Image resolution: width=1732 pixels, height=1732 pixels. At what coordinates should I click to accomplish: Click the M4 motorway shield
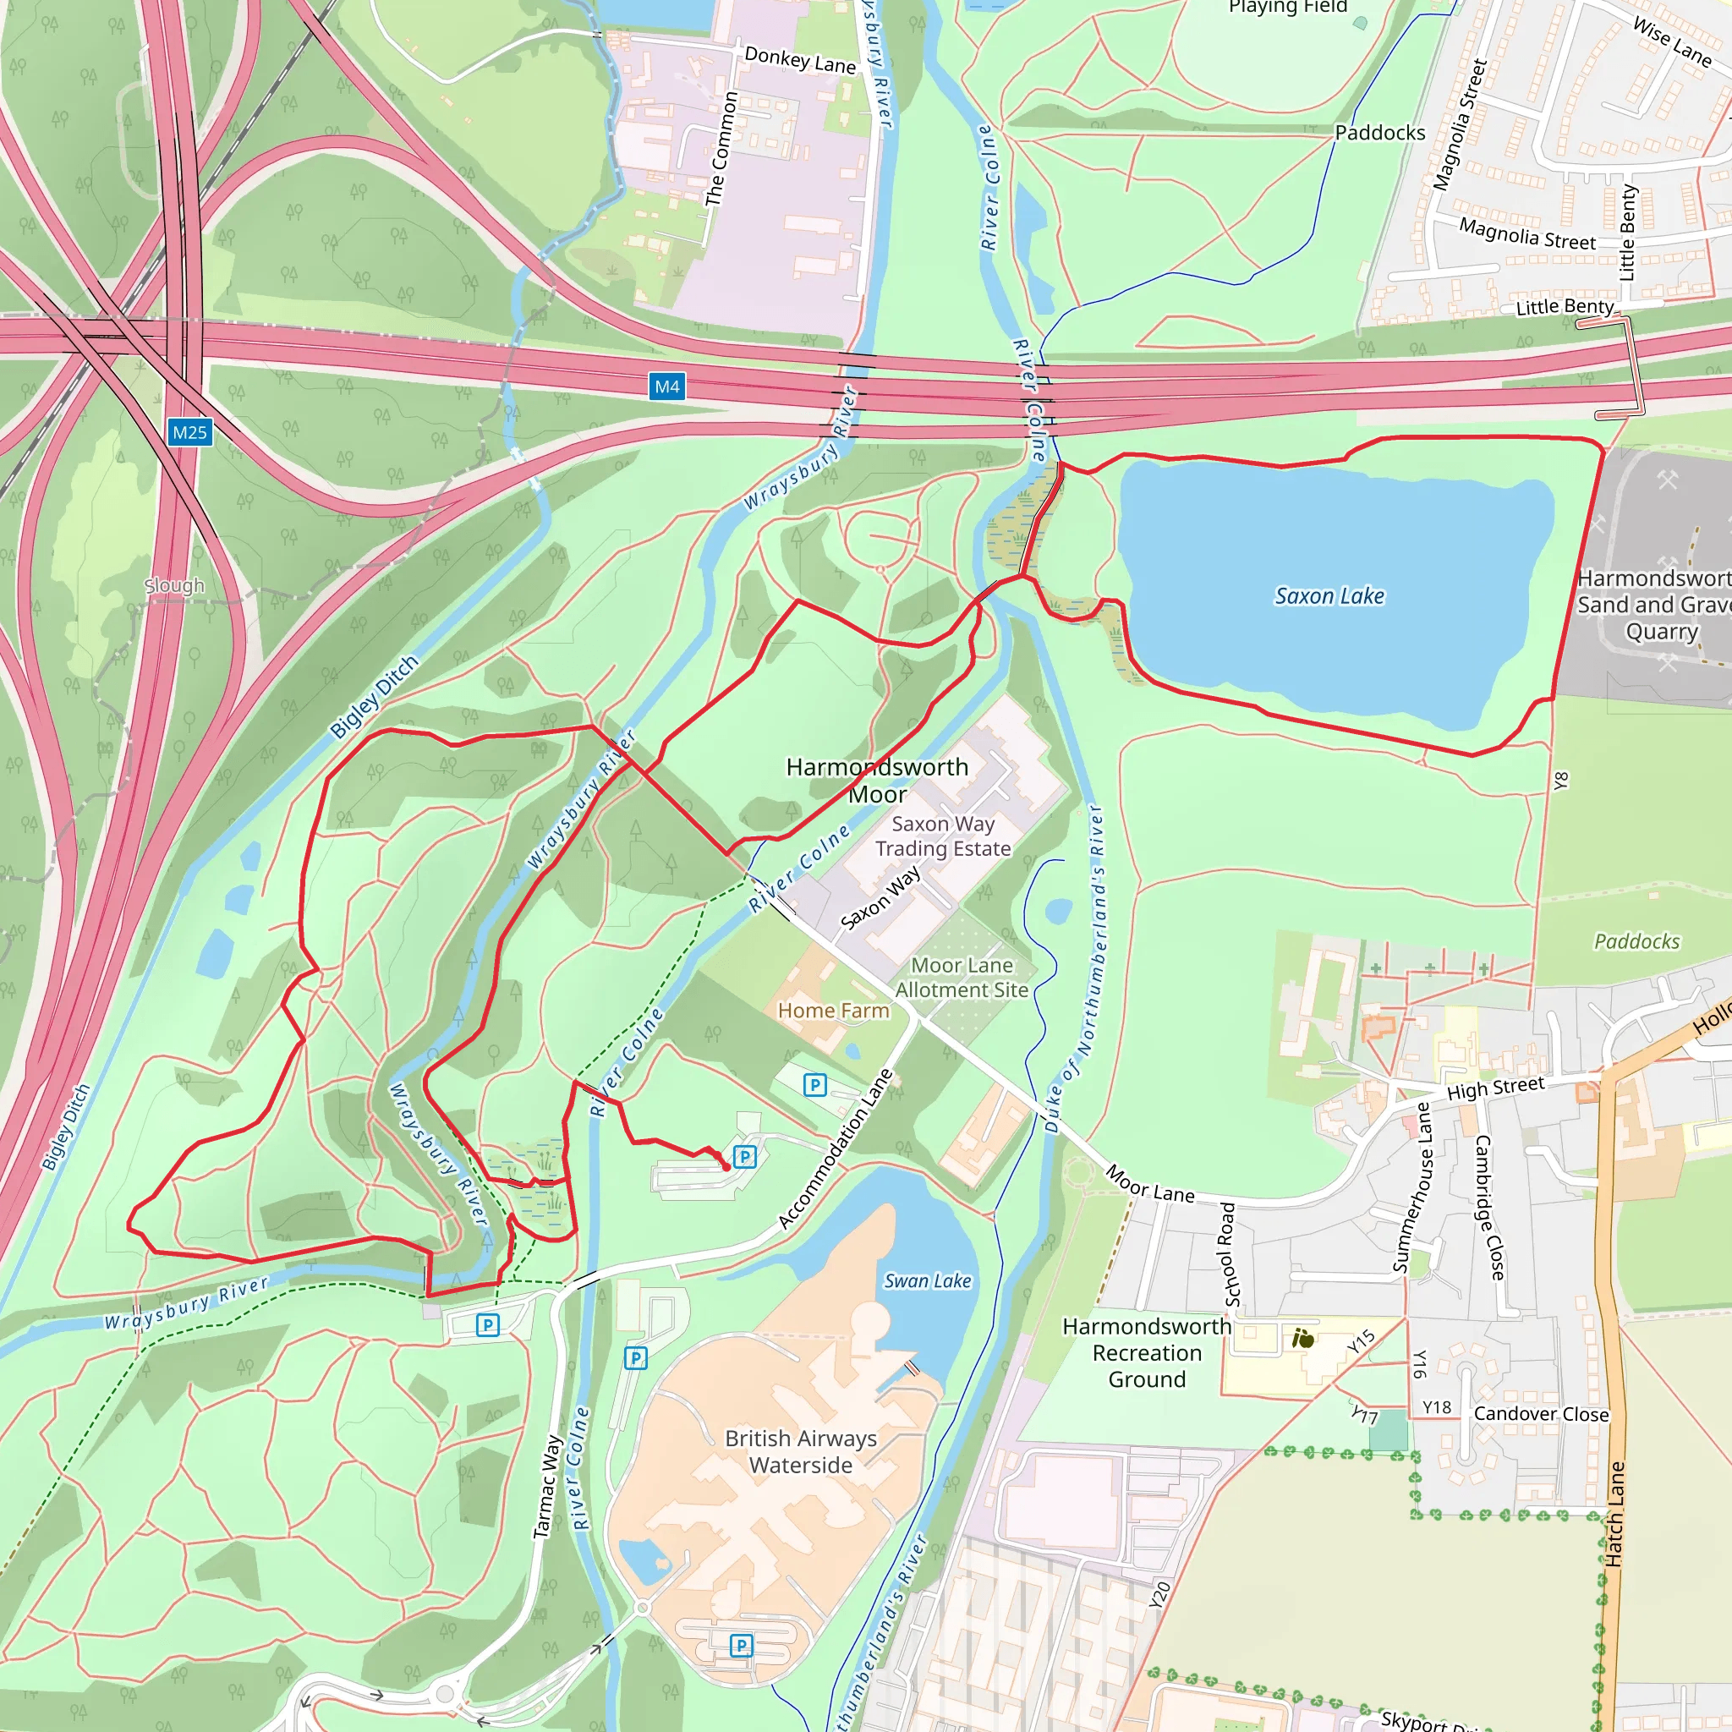[x=667, y=386]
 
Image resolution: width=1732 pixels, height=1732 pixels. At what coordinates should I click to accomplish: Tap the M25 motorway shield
[x=189, y=432]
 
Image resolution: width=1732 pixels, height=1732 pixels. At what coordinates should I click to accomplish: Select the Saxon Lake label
[x=1329, y=596]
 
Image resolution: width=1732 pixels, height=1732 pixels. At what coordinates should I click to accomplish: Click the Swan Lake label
[x=927, y=1281]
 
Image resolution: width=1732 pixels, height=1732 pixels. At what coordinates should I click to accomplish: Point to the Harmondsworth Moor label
[x=877, y=780]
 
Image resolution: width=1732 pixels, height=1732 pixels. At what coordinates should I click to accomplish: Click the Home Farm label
[x=833, y=1011]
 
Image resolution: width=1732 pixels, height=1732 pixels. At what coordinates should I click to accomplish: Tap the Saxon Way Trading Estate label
[x=942, y=836]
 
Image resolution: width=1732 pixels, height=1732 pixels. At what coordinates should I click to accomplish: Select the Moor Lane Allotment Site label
[x=961, y=977]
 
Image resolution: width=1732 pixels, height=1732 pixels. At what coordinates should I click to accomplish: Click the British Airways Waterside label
[x=801, y=1451]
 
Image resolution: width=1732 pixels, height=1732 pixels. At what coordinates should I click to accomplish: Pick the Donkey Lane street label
[x=800, y=60]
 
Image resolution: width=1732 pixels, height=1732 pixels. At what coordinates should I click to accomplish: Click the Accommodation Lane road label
[x=835, y=1148]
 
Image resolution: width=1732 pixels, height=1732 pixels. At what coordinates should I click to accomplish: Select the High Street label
[x=1495, y=1088]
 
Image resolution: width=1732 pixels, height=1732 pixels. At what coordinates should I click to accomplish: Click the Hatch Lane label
[x=1614, y=1515]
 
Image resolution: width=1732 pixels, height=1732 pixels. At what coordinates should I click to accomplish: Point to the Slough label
[x=175, y=585]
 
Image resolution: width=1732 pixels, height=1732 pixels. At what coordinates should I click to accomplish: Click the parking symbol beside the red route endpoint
[x=744, y=1156]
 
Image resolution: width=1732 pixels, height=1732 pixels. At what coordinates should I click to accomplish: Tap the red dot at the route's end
[x=726, y=1167]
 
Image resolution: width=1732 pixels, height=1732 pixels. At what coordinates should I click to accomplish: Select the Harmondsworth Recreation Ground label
[x=1147, y=1353]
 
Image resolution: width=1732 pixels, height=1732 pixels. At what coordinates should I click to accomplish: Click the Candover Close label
[x=1541, y=1414]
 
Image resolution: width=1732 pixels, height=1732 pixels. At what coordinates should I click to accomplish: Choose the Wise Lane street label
[x=1671, y=42]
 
